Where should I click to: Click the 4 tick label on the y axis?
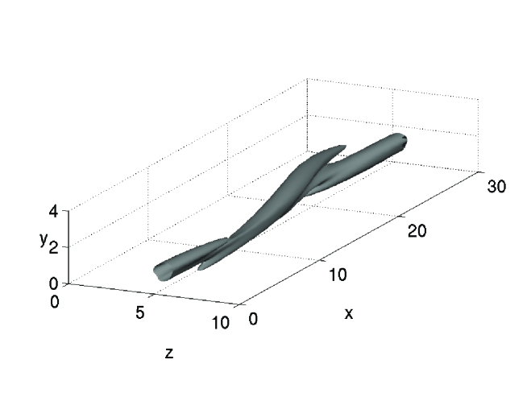point(54,211)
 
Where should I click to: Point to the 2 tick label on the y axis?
point(54,247)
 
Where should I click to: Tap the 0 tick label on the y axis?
point(54,283)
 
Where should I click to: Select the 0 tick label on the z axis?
point(55,301)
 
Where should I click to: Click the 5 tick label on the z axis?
point(139,313)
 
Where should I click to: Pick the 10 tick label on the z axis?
point(219,323)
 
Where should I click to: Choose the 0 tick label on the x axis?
point(253,319)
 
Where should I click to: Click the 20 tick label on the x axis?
point(417,231)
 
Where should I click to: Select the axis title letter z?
point(168,354)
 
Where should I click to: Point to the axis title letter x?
point(348,313)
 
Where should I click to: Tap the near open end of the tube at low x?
point(157,272)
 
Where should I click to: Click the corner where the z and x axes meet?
point(236,305)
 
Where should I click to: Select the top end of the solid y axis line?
point(68,211)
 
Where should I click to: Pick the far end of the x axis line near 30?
point(477,171)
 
